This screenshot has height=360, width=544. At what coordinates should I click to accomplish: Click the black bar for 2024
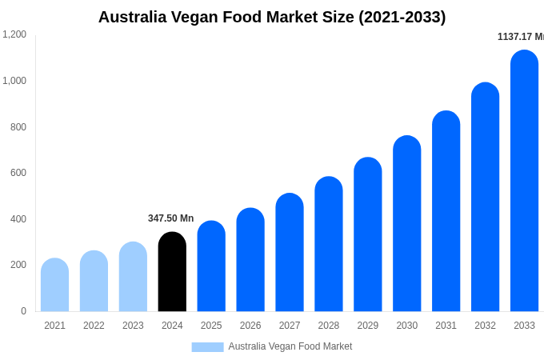tap(172, 272)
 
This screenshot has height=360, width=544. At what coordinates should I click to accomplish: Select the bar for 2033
tap(524, 181)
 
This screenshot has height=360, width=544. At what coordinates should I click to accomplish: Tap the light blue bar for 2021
tap(54, 285)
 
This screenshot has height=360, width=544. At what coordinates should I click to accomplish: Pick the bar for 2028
tap(329, 244)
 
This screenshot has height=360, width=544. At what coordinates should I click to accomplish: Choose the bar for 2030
tap(406, 223)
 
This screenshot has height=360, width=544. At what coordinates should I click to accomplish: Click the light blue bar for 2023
tap(133, 277)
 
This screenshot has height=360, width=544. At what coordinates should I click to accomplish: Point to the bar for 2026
tap(250, 260)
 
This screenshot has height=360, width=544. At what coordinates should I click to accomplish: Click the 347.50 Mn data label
tap(170, 218)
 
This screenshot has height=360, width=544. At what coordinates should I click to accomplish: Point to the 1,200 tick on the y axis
tap(14, 34)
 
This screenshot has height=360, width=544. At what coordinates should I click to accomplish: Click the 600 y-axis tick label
tap(18, 173)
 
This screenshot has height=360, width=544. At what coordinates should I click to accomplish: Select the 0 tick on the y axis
tap(23, 311)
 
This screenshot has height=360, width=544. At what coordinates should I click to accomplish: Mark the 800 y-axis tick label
tap(18, 127)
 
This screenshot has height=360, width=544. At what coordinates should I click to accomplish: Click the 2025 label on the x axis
tap(211, 326)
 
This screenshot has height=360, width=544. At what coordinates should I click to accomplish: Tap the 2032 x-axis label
tap(485, 326)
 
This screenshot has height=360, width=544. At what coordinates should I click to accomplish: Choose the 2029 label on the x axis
tap(368, 326)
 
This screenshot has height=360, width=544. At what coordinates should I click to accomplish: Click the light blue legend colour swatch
tap(207, 347)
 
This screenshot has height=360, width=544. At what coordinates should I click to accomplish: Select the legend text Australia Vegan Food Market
tap(290, 346)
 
